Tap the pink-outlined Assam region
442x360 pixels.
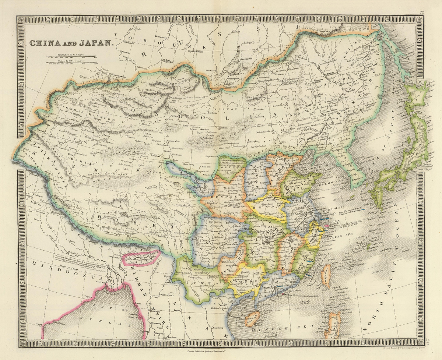click(142, 257)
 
